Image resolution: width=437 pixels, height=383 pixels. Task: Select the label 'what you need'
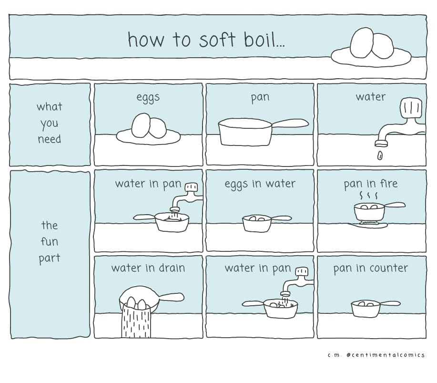50,123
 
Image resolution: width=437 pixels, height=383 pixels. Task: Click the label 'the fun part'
50,241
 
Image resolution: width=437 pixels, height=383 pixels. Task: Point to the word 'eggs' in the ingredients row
148,98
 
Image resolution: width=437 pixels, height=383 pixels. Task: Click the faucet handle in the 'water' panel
411,107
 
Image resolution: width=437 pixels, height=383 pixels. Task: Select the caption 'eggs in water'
260,184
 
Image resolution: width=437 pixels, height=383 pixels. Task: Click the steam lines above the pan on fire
368,195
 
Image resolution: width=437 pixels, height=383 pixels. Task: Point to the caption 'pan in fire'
370,184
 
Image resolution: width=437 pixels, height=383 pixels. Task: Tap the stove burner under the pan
368,224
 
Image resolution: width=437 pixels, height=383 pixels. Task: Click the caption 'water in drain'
148,268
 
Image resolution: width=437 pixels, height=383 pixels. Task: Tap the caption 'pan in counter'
370,269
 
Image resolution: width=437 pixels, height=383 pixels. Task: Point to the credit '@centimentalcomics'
386,355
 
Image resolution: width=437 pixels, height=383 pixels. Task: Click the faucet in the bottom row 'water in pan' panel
297,282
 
